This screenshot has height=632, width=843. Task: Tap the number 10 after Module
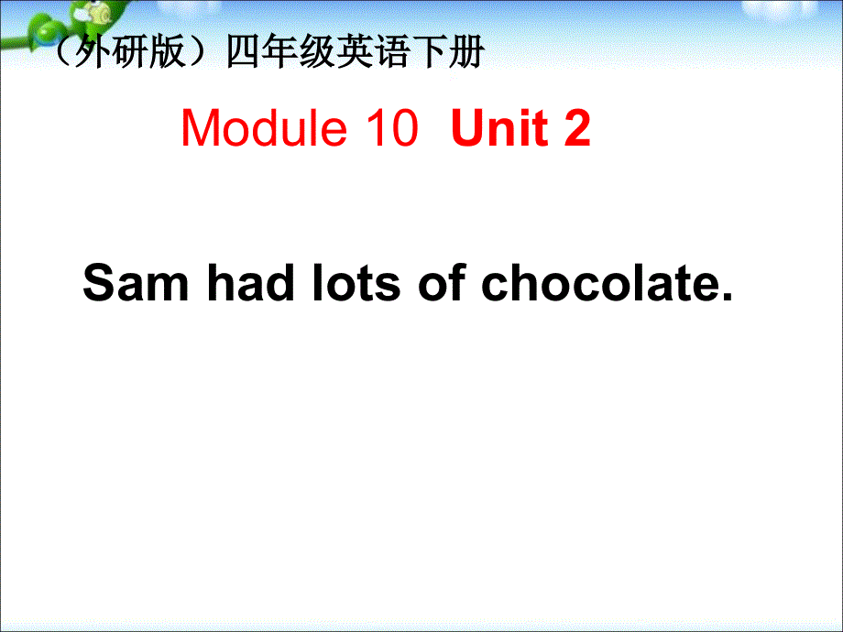tap(390, 129)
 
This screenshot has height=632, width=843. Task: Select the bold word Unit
tap(501, 129)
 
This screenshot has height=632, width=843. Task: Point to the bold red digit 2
tap(578, 129)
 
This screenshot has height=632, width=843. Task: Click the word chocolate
tap(595, 283)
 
